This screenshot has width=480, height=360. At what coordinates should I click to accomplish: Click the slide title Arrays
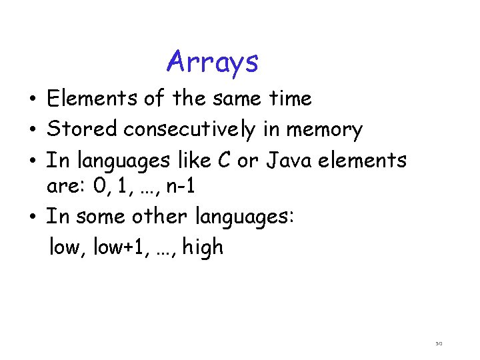[x=212, y=63]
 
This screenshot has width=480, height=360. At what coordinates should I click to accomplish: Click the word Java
[x=283, y=160]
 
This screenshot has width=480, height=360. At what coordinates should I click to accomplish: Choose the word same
[x=231, y=99]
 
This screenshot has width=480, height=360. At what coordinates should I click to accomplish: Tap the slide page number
[x=439, y=344]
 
